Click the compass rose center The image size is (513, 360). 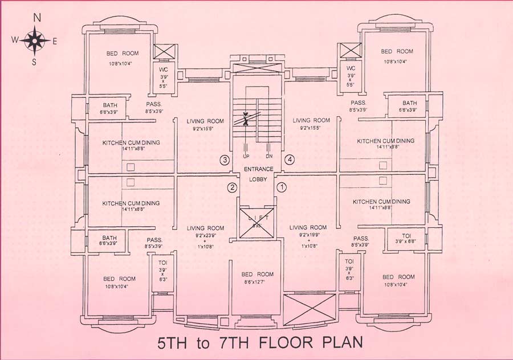[x=35, y=40]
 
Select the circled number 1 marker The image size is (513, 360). [x=280, y=186]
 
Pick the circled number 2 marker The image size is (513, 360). [x=232, y=187]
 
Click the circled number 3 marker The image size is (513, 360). [x=225, y=160]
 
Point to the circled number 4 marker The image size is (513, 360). [x=290, y=160]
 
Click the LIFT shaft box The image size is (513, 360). [x=256, y=219]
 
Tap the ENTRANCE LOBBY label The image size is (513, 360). [x=258, y=173]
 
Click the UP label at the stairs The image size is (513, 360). [x=246, y=156]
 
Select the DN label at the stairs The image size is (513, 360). [x=268, y=156]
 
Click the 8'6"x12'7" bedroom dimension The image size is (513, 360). [x=257, y=282]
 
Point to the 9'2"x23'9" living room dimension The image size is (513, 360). [x=205, y=235]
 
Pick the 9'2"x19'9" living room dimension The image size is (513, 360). [x=307, y=235]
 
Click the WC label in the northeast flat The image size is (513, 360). [x=351, y=69]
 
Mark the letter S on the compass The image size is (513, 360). [x=34, y=62]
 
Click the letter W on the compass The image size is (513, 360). [x=15, y=40]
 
